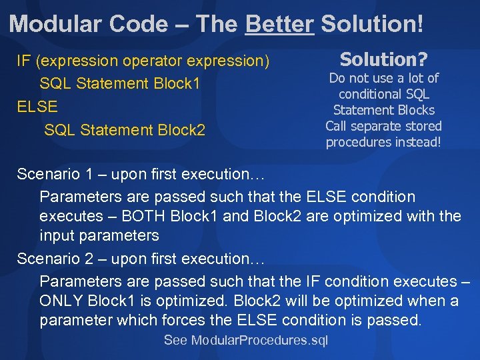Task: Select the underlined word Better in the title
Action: tap(279, 24)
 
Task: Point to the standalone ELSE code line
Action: tap(37, 106)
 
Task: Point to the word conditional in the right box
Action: tap(383, 94)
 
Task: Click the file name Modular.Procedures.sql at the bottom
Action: tap(259, 341)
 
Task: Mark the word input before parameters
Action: tap(57, 235)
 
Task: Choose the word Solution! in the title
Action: tap(371, 24)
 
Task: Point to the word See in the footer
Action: tap(175, 341)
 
